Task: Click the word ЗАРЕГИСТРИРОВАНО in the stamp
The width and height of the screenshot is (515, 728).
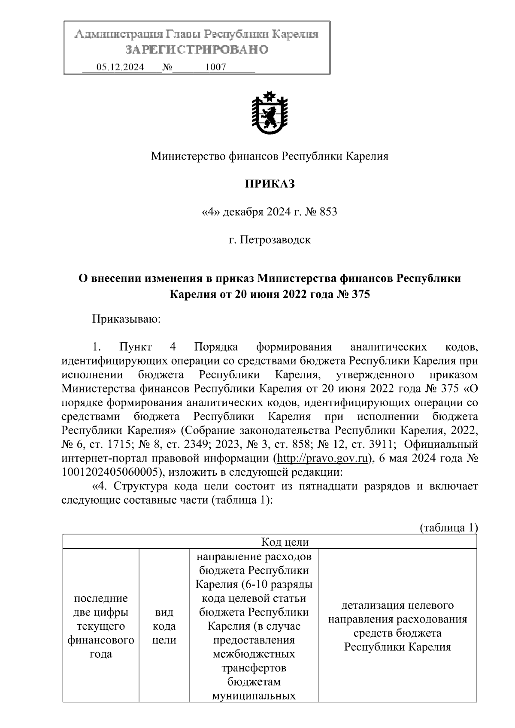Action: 197,50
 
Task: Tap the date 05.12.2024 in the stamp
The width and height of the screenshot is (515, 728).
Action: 120,67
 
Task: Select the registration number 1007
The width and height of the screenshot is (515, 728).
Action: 215,67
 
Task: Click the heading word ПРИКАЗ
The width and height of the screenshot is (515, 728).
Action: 270,184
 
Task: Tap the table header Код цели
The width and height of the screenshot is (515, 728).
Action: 285,542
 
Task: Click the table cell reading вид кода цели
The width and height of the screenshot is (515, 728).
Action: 164,626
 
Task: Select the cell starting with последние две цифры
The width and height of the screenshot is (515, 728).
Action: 101,626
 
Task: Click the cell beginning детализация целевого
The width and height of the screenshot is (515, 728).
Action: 397,626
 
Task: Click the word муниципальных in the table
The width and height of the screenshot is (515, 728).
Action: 254,695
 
